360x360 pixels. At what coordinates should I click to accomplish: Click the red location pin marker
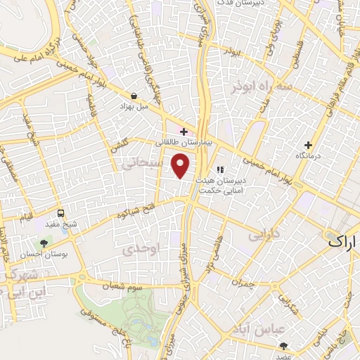coord(181,166)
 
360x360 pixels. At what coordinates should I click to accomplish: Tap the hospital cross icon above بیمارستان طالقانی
coord(184,131)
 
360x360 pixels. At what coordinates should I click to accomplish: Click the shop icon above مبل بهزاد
coord(134,96)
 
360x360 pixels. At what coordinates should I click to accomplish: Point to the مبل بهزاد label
coord(134,107)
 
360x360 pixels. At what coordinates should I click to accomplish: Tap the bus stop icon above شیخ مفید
coord(60,213)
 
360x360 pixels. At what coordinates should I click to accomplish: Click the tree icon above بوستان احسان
coord(45,244)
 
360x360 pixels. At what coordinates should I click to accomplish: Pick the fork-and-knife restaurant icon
coord(220,169)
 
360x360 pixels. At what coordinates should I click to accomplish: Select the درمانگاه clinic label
coord(309,155)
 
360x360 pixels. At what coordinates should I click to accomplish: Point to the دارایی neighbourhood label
coord(265,232)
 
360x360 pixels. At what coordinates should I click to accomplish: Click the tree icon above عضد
coord(284,345)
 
